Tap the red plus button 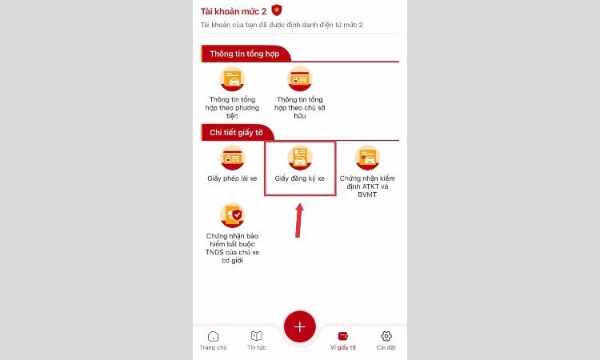click(x=300, y=326)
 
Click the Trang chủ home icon click(x=213, y=336)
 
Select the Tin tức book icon click(x=256, y=336)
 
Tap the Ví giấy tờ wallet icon click(x=343, y=336)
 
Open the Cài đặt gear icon click(x=386, y=336)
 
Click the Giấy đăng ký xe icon click(x=300, y=158)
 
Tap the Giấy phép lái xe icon click(x=232, y=158)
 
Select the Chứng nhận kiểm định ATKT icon click(x=367, y=158)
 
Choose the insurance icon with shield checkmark click(x=232, y=215)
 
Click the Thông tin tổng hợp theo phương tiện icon click(x=232, y=79)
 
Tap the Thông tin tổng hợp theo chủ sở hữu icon click(x=300, y=79)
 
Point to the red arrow click(x=299, y=220)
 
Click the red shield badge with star click(x=276, y=10)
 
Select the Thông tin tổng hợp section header click(x=245, y=54)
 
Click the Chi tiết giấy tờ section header click(x=237, y=133)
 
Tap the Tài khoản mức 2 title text click(x=234, y=11)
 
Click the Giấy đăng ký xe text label click(x=300, y=178)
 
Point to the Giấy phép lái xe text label click(x=232, y=178)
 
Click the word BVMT click(x=367, y=194)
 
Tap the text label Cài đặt click(x=386, y=347)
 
